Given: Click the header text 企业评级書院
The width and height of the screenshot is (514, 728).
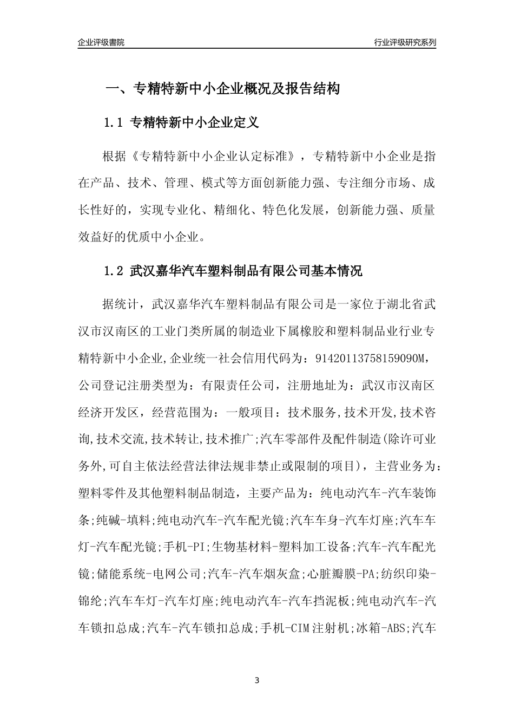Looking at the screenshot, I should [x=101, y=42].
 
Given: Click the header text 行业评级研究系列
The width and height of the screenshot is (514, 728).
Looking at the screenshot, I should [x=405, y=42].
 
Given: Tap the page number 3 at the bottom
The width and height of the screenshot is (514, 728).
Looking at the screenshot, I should [x=257, y=680].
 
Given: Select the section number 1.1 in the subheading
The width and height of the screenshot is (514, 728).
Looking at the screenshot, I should [x=114, y=123].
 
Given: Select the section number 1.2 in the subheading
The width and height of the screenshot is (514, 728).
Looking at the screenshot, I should [x=114, y=271].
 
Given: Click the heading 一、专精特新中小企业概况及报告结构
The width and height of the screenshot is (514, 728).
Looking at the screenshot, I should [x=222, y=88].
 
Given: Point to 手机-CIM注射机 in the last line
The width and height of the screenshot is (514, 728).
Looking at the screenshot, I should [x=305, y=628].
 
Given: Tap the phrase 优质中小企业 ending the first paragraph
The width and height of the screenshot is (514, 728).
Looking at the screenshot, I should [x=166, y=236].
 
